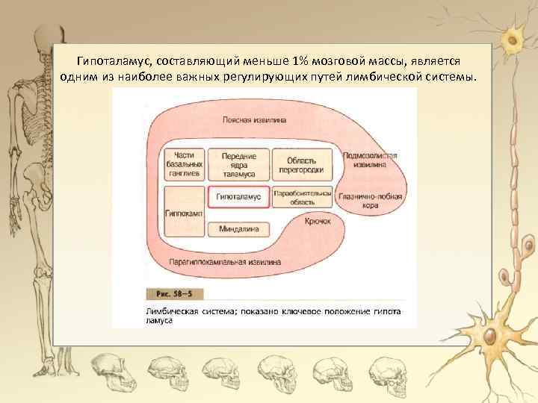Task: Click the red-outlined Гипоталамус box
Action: pyautogui.click(x=238, y=196)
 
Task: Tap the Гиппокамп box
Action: pyautogui.click(x=183, y=212)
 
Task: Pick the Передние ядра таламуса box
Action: pyautogui.click(x=238, y=165)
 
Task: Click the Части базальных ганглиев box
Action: pyautogui.click(x=183, y=164)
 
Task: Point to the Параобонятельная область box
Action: pyautogui.click(x=302, y=196)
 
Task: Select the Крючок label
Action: pyautogui.click(x=318, y=222)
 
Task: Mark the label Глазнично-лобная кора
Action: pyautogui.click(x=371, y=201)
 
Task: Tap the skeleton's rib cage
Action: pyautogui.click(x=30, y=112)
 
